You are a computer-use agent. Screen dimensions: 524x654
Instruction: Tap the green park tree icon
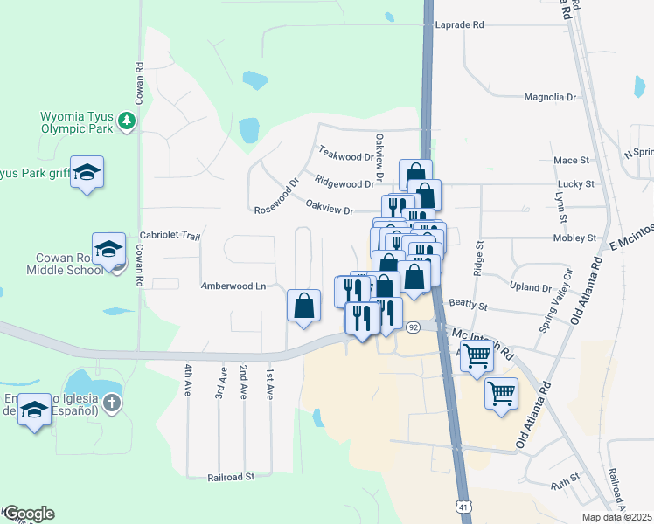128,119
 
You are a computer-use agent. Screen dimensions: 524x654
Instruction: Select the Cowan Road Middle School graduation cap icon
109,247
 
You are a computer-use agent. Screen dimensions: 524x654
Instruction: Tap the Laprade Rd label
459,25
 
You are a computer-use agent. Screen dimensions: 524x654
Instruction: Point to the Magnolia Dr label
550,98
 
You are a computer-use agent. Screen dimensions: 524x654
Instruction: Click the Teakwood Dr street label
345,155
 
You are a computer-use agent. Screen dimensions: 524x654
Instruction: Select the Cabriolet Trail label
170,236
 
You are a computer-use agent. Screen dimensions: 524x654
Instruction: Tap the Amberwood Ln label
233,286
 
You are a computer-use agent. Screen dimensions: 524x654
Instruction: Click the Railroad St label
230,477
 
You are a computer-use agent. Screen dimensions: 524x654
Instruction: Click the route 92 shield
413,327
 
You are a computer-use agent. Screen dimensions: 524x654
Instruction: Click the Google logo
28,514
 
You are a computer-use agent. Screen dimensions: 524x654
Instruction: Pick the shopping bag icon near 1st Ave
303,306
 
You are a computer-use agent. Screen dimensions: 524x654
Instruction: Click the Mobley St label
574,238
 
